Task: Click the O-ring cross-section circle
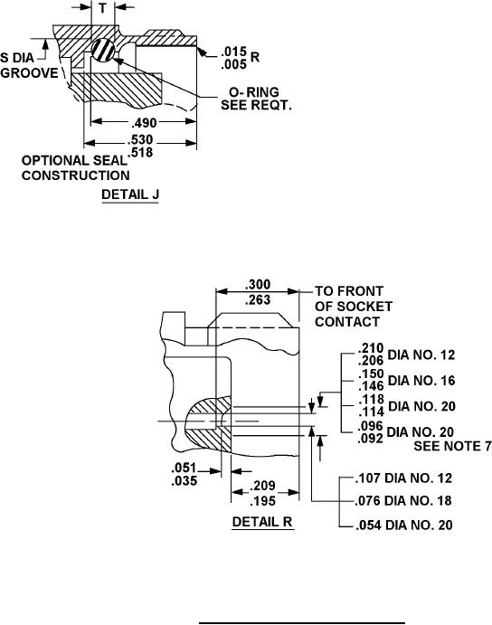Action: coord(103,50)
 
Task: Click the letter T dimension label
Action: coord(103,7)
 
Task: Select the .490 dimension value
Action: coord(144,122)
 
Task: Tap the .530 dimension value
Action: coord(140,140)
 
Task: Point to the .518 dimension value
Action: coord(140,152)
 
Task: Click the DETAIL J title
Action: coord(130,194)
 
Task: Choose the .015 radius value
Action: coord(234,51)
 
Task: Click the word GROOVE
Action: coord(29,73)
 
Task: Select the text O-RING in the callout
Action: coord(254,92)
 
